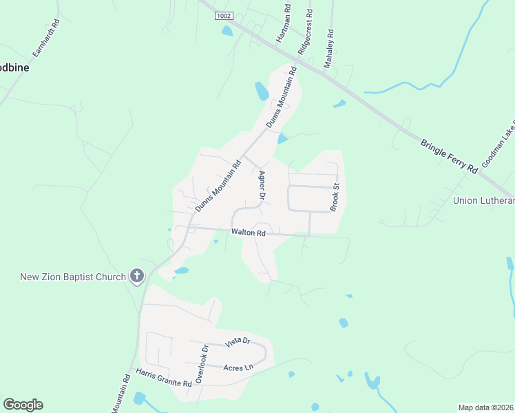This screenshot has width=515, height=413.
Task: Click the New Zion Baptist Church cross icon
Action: [x=137, y=277]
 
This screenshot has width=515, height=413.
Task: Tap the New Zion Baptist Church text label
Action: [x=73, y=277]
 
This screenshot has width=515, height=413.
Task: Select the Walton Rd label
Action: [x=249, y=233]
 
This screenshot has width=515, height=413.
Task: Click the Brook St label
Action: [x=336, y=197]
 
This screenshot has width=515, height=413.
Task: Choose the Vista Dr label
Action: [x=236, y=341]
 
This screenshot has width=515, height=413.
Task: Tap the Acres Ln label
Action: [x=238, y=368]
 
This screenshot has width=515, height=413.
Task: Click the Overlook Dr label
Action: [x=201, y=364]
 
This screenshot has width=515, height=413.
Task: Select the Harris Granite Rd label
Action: [x=163, y=377]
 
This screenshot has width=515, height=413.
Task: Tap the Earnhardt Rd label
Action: [x=46, y=38]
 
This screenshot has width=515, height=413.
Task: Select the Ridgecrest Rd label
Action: [x=305, y=32]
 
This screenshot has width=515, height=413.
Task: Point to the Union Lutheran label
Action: [x=484, y=200]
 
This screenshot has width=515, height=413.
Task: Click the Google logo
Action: [x=23, y=405]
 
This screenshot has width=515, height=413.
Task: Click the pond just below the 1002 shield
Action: [x=227, y=31]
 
